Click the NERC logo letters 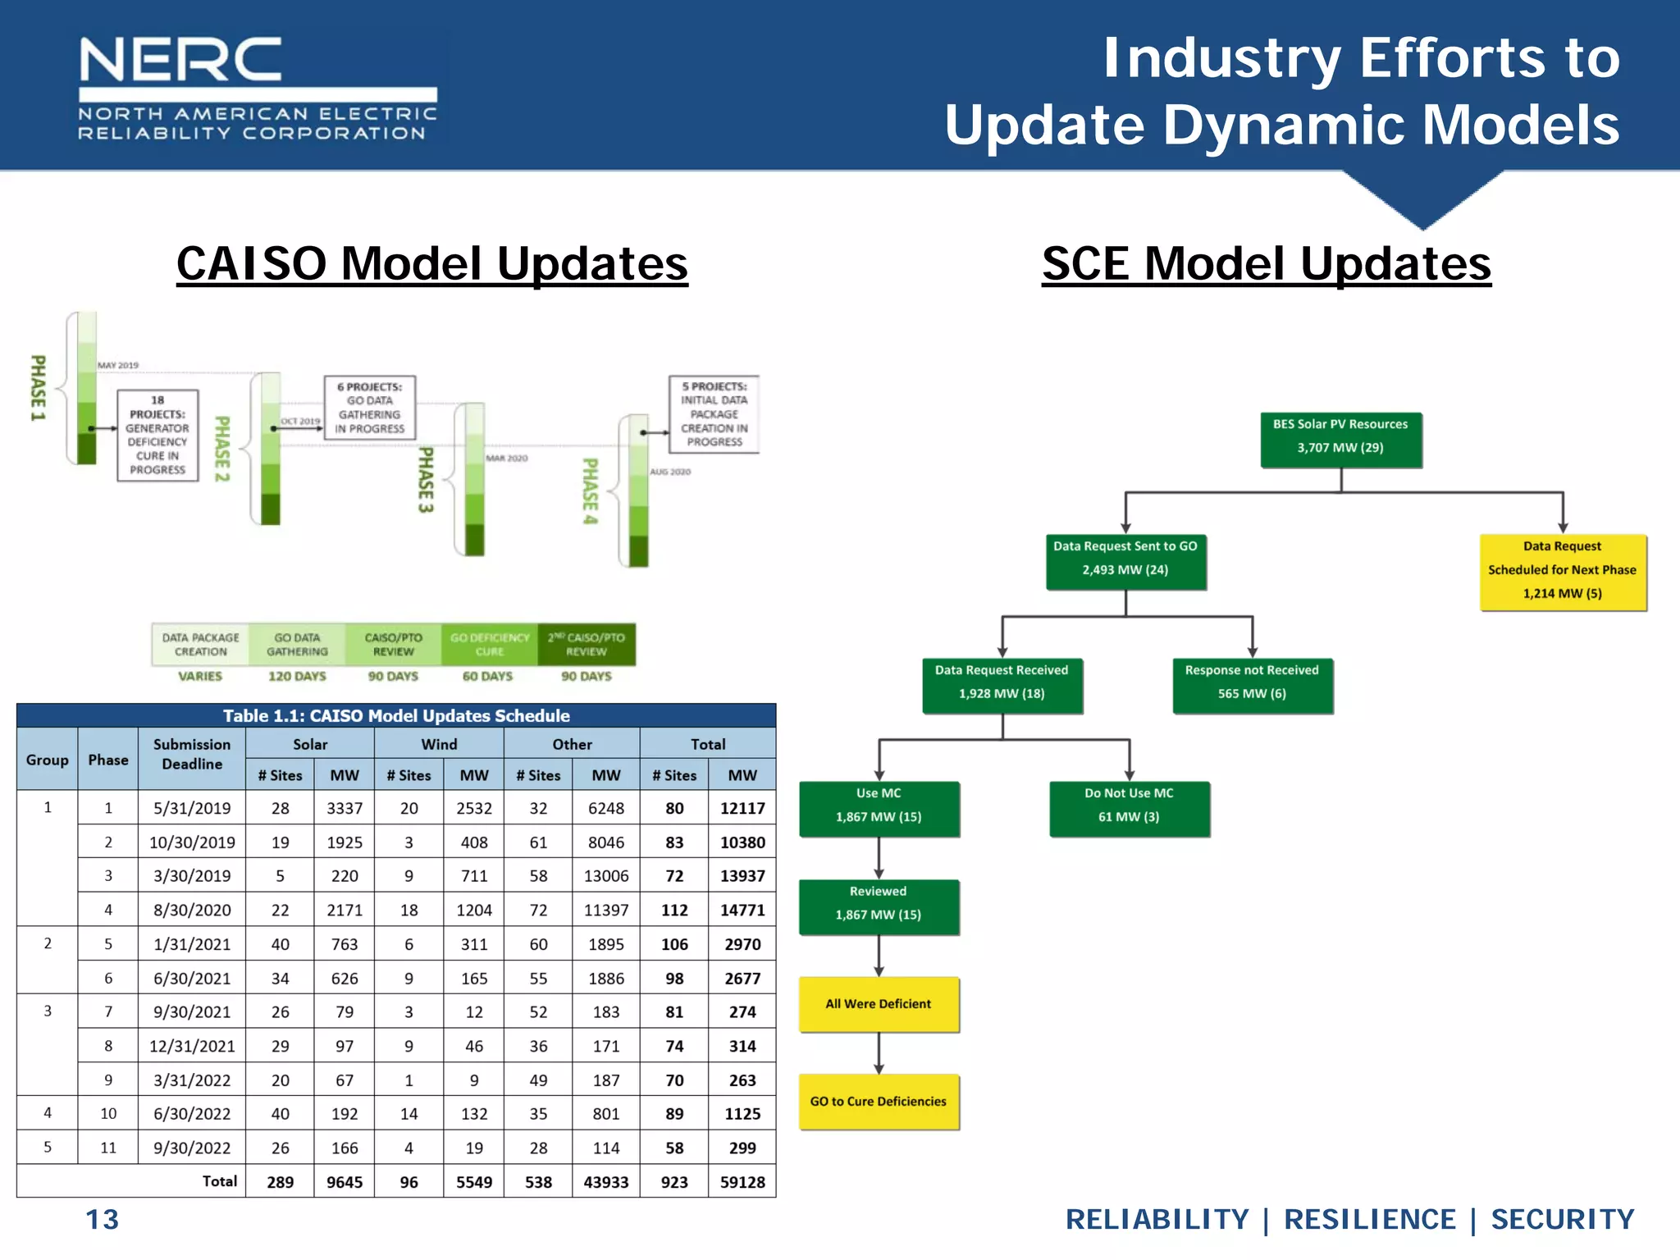coord(180,59)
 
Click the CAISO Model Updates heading coord(432,264)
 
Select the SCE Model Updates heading coord(1266,264)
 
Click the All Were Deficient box coord(879,1004)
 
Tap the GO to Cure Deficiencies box coord(879,1102)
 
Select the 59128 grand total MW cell coord(742,1182)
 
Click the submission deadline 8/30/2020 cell coord(192,910)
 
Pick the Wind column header coord(439,744)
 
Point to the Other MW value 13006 coord(606,876)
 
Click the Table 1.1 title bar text coord(396,715)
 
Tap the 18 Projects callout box coord(157,436)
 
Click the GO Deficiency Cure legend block coord(490,645)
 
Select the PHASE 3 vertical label coord(426,480)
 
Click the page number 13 coord(103,1220)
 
